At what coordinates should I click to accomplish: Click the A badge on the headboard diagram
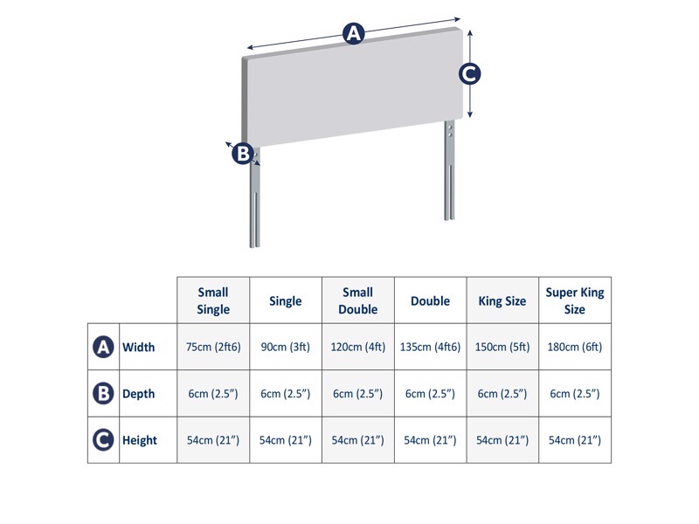353,34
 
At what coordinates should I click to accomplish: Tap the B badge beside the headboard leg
243,154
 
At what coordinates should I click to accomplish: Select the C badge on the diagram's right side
470,74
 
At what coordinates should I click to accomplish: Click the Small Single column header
213,301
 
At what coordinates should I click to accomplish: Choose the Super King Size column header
574,301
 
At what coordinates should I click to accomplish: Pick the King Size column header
502,301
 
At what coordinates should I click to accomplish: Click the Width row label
138,348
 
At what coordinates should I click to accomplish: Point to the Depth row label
138,394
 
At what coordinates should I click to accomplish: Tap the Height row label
140,440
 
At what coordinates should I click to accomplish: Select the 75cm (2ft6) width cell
213,348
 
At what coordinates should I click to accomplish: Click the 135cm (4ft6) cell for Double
430,348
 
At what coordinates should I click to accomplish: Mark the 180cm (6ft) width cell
574,348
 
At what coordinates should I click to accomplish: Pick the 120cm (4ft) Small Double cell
357,348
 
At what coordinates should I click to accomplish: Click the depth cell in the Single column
286,394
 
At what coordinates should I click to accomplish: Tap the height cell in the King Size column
502,440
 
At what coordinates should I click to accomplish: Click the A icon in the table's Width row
103,348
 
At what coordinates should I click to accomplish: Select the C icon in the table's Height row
103,440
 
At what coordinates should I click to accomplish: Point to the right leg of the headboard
449,175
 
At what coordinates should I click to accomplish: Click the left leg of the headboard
254,205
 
